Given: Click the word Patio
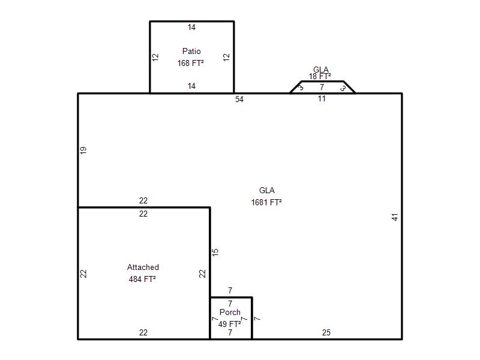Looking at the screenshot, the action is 191,51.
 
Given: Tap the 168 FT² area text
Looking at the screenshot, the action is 190,63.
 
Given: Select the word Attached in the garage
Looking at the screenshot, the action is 143,267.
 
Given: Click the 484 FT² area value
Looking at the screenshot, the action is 142,279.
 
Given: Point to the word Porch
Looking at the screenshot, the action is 230,312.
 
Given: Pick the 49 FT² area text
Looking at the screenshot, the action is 230,324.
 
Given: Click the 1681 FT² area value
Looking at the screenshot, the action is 266,202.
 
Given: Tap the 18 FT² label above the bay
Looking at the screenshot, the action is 320,76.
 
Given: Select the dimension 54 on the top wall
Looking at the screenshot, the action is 239,99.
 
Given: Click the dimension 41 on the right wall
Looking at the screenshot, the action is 395,217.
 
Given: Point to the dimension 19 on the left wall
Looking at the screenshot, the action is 83,151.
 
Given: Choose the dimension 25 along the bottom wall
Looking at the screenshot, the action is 326,332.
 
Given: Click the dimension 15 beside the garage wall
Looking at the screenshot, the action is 215,252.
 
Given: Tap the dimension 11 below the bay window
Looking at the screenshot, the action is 322,98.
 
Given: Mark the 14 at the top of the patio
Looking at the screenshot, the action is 191,27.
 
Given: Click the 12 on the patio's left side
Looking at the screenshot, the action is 155,57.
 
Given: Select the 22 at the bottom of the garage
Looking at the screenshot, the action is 143,332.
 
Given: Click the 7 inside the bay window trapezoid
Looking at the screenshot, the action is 322,87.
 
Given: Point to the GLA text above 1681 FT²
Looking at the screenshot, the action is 266,190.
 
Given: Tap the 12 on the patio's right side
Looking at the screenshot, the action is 226,57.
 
